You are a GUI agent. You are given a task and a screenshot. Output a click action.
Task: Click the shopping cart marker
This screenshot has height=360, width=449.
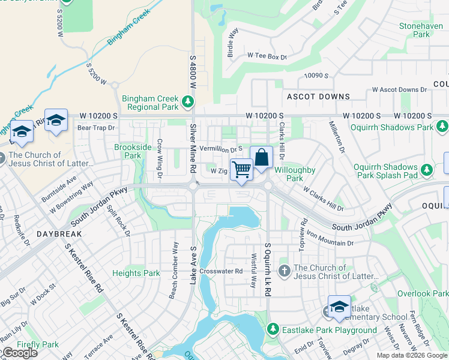pos(241,170)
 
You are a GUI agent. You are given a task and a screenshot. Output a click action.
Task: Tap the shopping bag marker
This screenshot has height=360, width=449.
pos(261,158)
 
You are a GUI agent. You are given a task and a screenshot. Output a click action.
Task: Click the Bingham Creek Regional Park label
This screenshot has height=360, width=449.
pos(150,103)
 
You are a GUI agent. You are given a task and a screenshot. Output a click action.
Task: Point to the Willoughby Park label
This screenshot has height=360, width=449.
pos(294,174)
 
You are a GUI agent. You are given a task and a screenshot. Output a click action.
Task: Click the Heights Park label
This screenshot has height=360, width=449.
pos(136,273)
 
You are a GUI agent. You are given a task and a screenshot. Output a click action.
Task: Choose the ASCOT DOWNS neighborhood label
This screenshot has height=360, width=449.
pos(318,97)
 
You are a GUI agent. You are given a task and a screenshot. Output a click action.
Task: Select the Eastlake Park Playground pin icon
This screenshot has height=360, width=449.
pos(273,329)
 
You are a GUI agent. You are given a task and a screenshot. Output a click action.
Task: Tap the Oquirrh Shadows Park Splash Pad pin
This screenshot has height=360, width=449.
pos(427,170)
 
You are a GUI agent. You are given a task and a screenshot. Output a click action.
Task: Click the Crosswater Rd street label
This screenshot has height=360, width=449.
pos(222,271)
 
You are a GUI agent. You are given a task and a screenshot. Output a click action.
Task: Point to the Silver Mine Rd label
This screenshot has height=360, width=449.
pos(193,149)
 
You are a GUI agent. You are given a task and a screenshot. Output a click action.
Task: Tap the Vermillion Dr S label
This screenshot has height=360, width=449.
pos(221,148)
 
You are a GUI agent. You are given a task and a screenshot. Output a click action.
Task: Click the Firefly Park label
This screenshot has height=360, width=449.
pos(38,344)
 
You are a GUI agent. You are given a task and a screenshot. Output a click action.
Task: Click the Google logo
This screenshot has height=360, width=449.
pos(20,353)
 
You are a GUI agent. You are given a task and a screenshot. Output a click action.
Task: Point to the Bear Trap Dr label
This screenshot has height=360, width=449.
pos(95,127)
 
